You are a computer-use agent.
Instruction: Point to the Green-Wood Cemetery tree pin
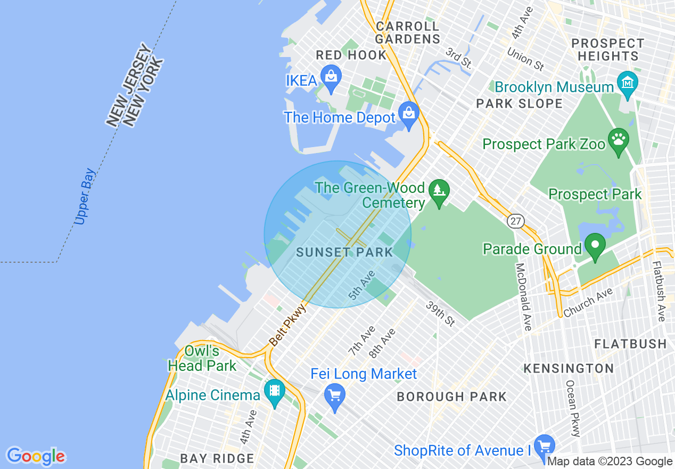tap(439, 192)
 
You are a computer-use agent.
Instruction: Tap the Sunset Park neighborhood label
tap(344, 253)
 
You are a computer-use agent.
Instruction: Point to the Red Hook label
tap(351, 55)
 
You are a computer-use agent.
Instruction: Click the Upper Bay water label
tap(85, 197)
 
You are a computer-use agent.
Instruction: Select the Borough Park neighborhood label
tap(451, 397)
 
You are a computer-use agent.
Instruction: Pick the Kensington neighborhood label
tap(569, 368)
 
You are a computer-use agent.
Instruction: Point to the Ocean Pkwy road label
tap(572, 408)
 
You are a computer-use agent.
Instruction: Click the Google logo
tap(36, 456)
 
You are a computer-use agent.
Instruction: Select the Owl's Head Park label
tap(202, 359)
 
